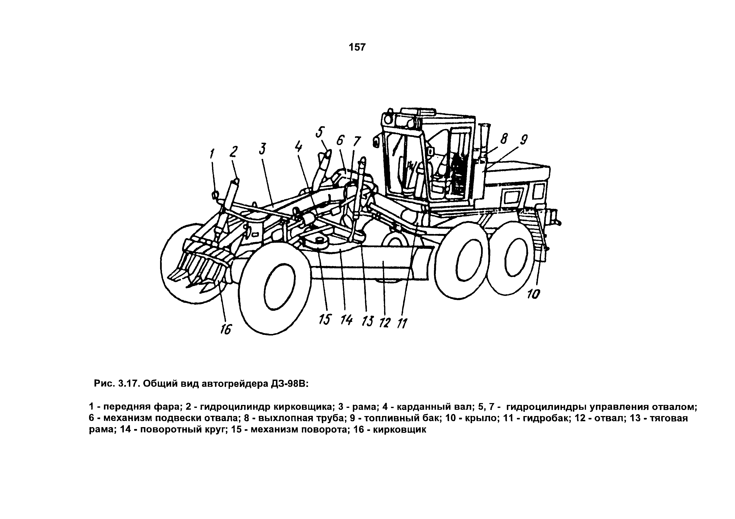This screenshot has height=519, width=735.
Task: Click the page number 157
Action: tap(357, 47)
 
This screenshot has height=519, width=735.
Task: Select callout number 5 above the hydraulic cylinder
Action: tap(320, 132)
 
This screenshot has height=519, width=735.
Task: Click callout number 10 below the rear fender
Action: tap(534, 294)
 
